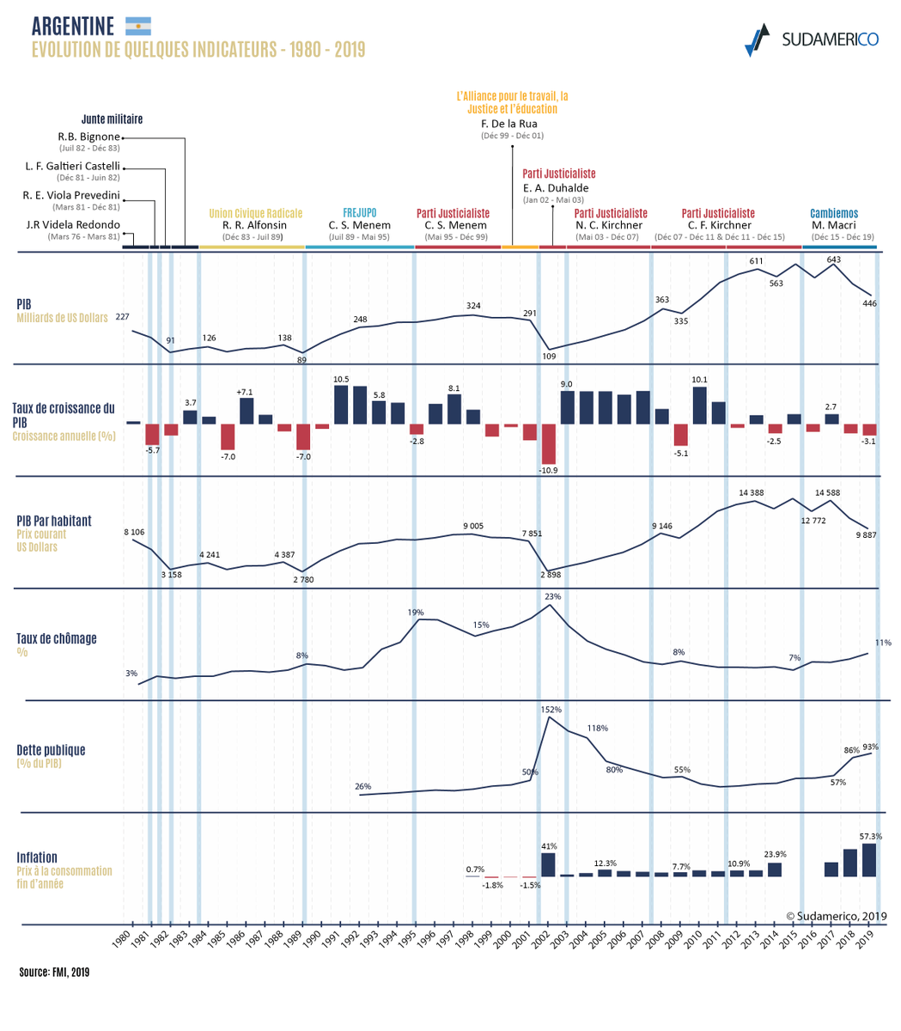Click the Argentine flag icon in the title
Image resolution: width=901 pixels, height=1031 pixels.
(137, 26)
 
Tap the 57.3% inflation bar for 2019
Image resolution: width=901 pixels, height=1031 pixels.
(868, 859)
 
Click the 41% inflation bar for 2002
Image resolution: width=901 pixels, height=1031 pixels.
(548, 864)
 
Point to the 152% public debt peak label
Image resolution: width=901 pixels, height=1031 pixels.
(551, 710)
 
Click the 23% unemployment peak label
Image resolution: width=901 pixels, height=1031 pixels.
(552, 596)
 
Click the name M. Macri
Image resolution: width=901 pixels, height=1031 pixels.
(833, 225)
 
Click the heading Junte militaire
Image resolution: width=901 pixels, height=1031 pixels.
(112, 119)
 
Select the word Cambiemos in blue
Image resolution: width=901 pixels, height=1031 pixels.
(833, 213)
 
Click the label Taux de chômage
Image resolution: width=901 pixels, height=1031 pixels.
(57, 638)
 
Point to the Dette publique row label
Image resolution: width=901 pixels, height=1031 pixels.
(51, 750)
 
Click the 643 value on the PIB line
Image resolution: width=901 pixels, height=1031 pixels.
(833, 259)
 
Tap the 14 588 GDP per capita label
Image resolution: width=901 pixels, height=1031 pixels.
(832, 492)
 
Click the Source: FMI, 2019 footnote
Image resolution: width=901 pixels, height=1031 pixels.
(54, 973)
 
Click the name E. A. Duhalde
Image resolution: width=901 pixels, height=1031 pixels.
(556, 188)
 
